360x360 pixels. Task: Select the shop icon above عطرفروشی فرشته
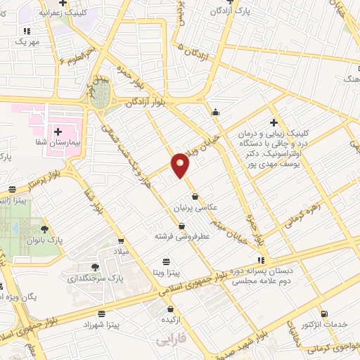182,226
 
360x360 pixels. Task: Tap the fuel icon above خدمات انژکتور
323,314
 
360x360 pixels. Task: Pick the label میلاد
120,251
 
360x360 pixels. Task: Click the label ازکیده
171,320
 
